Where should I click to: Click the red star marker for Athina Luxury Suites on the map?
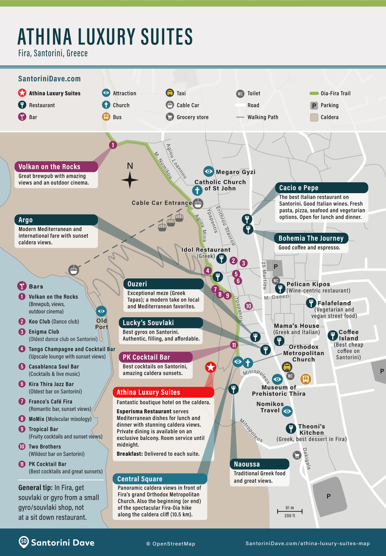211,367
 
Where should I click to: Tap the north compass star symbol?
130,180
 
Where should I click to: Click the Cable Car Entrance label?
162,203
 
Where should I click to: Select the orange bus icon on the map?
306,379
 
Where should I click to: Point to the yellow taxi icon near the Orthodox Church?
287,367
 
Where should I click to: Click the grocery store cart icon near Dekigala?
297,455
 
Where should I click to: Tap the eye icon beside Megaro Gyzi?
208,171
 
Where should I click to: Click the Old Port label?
101,324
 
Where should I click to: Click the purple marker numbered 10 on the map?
248,306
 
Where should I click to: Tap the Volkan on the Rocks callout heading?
49,167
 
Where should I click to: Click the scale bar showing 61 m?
289,511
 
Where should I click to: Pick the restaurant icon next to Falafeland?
311,303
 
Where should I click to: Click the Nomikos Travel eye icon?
287,411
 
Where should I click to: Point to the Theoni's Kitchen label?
311,429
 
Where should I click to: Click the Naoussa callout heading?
247,464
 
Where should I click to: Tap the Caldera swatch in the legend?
314,117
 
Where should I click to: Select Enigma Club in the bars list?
44,332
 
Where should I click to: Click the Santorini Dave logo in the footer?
56,542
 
